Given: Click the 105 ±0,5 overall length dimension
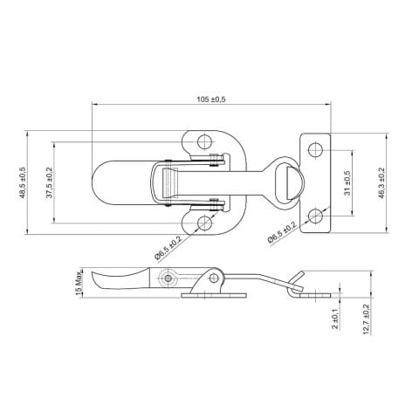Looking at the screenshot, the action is pos(211,100).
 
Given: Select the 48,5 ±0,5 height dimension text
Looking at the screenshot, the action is pos(23,182).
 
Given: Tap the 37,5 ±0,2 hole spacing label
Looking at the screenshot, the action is pos(50,182).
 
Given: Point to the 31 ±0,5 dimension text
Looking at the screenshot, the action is pos(347,182).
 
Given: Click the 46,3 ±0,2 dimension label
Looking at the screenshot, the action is pos(381,183).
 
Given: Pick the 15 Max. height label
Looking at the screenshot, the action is pos(78,283).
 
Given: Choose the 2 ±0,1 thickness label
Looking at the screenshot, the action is pos(335,319).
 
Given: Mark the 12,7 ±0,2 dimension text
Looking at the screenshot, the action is pos(367,319).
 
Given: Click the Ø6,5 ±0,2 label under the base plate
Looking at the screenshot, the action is pos(168,247).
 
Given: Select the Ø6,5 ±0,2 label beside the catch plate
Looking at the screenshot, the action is pos(282,232).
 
